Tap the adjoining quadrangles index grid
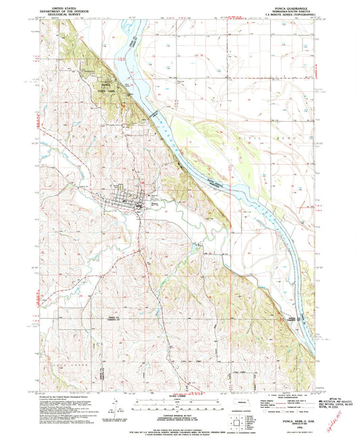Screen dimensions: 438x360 (234, 420)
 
